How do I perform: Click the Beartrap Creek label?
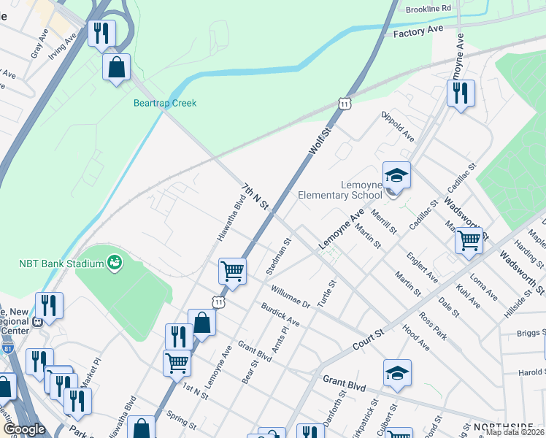(x=165, y=103)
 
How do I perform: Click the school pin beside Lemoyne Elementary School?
(x=396, y=176)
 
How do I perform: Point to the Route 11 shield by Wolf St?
(x=344, y=105)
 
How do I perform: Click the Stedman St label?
(x=279, y=255)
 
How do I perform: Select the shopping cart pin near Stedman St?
(x=232, y=271)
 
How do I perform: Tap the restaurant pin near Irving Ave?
(x=101, y=33)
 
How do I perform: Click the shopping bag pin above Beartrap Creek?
(x=117, y=67)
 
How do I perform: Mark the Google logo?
(x=24, y=429)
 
